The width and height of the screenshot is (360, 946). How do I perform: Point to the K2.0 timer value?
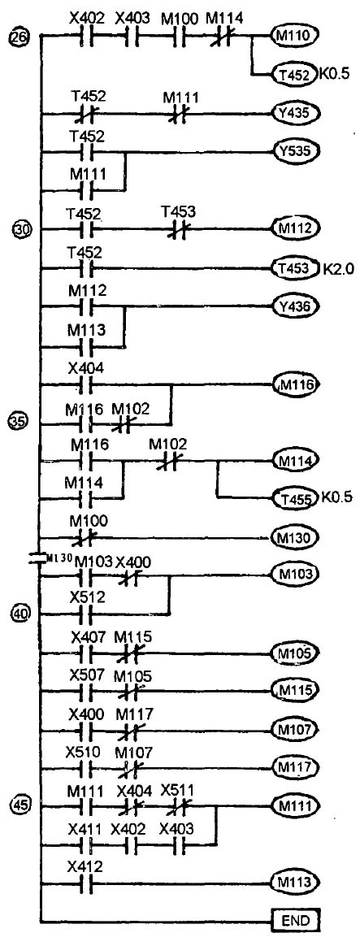tap(331, 267)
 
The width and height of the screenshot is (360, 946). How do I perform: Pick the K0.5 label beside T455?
tap(332, 499)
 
